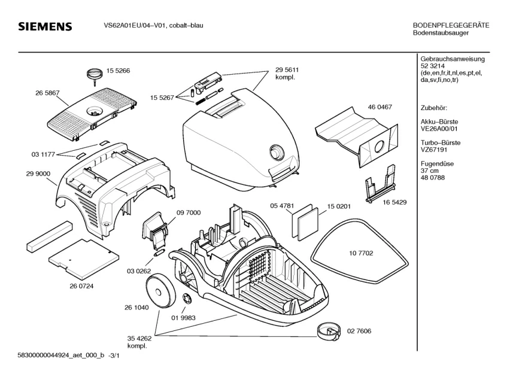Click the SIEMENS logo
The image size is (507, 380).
tap(45, 27)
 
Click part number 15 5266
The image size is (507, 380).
tap(119, 71)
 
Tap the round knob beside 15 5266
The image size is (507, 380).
tap(94, 74)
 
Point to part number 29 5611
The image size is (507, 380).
tap(287, 70)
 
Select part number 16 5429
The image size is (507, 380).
tap(394, 202)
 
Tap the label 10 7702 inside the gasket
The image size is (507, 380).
tap(361, 254)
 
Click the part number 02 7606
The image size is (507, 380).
tap(360, 330)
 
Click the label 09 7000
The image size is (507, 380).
tap(188, 212)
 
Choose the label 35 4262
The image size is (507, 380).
tap(139, 338)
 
